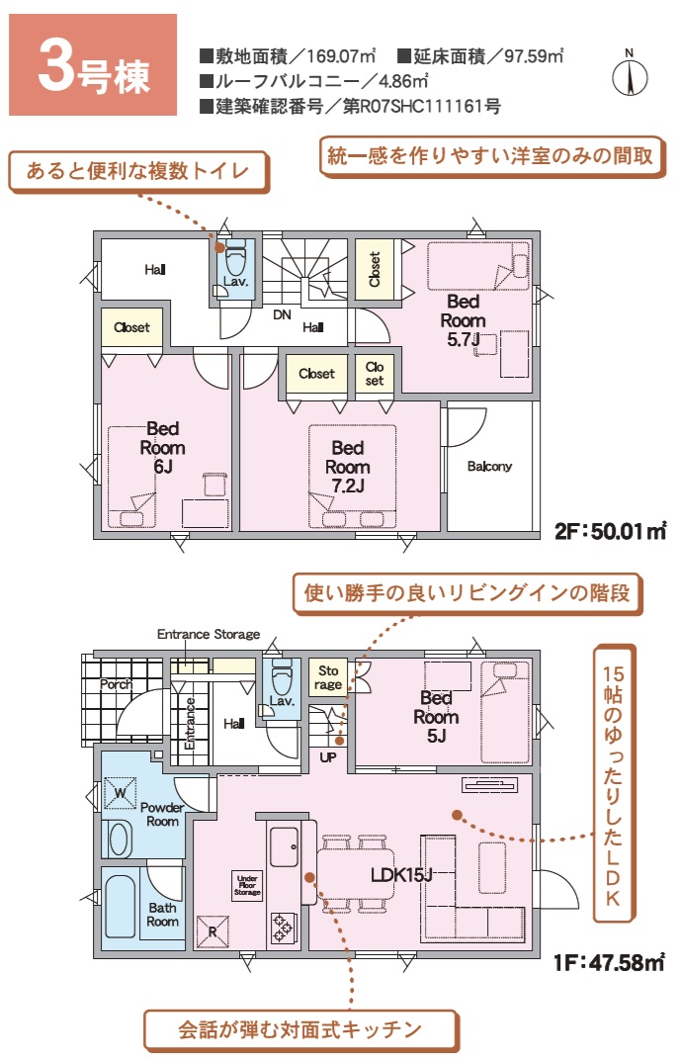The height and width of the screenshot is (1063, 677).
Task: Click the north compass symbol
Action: coord(630,73)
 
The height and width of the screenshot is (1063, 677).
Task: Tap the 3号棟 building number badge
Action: coord(93,65)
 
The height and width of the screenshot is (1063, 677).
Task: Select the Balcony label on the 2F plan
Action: coord(489,467)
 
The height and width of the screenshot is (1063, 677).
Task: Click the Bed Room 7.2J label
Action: coord(348,467)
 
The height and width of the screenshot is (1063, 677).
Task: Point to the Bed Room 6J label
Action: coord(163,447)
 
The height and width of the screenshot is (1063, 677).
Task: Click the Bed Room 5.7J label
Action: coord(464,320)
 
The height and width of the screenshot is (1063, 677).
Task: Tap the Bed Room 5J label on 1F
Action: coord(437,717)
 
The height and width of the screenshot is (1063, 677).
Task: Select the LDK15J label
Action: coord(401,875)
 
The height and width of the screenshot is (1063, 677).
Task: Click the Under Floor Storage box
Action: coord(247,885)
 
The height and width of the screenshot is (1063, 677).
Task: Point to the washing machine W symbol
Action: coord(120,793)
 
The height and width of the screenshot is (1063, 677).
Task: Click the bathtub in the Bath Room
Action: coord(120,907)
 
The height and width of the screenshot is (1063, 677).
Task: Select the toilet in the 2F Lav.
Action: coord(234,255)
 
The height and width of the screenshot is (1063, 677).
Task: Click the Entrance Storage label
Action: coord(209,635)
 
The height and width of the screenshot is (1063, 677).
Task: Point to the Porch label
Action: coord(116,684)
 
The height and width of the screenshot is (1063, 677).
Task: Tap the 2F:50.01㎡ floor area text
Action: coord(611,531)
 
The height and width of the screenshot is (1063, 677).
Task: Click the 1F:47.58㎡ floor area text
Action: coord(609,963)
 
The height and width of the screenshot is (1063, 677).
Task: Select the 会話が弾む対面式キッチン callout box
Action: coord(300,1030)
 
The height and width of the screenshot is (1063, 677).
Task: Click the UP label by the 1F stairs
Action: coord(328,757)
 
